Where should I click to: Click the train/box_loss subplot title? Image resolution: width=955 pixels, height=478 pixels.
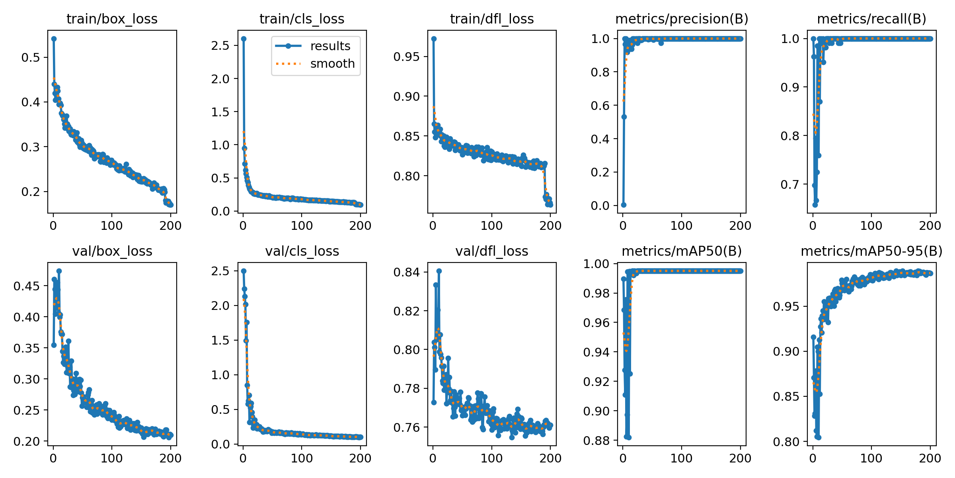pos(112,19)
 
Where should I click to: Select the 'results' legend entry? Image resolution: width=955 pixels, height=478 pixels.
pos(330,46)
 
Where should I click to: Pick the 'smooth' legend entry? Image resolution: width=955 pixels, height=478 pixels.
pos(332,64)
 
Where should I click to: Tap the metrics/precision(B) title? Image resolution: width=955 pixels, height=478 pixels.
pos(682,19)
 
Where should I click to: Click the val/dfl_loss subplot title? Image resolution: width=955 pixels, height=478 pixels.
pos(492,251)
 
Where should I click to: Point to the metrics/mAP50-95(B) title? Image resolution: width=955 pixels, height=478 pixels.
pos(871,251)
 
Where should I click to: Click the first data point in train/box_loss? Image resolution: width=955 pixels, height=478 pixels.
pos(54,39)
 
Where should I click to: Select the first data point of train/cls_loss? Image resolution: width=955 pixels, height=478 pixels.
pos(244,39)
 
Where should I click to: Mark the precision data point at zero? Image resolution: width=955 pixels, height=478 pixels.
pos(624,205)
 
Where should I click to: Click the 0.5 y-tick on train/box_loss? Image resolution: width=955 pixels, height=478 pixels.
pos(31,57)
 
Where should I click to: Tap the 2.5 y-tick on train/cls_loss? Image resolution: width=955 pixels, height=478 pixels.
pos(221,45)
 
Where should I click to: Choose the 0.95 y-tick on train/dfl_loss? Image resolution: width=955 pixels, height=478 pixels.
pos(407,57)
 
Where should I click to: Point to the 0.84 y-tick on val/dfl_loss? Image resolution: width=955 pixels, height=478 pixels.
pos(407,272)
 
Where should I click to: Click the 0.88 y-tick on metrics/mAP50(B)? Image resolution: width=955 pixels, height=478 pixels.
pos(596,441)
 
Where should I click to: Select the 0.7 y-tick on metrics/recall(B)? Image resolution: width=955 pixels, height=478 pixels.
pos(790,184)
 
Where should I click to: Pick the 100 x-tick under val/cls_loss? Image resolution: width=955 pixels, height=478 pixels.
pos(302,458)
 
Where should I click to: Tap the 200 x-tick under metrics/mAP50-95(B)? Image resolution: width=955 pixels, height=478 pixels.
pos(930,458)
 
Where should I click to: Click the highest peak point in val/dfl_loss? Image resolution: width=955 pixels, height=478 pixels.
pos(439,271)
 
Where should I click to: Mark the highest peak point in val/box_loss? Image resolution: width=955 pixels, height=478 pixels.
pos(59,271)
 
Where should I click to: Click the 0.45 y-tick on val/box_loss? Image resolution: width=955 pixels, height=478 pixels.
pos(27,286)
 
